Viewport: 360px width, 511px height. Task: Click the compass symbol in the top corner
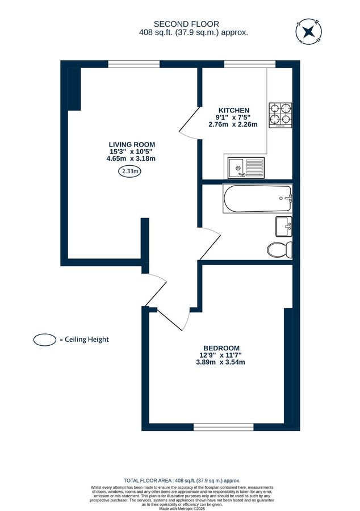(x=308, y=32)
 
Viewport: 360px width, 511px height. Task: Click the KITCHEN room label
(x=233, y=110)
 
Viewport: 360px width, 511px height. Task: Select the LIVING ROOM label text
(x=132, y=144)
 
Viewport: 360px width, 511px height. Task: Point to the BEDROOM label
(x=221, y=348)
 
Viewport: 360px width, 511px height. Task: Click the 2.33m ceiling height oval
(x=131, y=171)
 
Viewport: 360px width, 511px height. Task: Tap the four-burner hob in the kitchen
(x=280, y=115)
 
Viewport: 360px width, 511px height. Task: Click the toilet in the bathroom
(x=280, y=249)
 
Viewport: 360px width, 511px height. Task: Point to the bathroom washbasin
(x=283, y=227)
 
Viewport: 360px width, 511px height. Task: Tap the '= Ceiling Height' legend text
(x=84, y=340)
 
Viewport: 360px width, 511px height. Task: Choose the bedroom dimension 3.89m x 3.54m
(x=221, y=362)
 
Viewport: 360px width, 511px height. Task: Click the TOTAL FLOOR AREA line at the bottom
(x=179, y=480)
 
